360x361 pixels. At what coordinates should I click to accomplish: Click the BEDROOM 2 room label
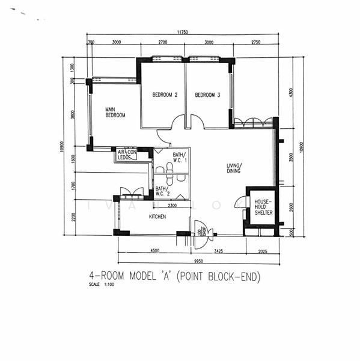click(164, 94)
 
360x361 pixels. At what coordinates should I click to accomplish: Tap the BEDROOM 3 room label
click(208, 94)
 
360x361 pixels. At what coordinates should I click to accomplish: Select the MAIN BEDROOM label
click(115, 111)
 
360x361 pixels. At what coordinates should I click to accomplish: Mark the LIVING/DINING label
click(234, 168)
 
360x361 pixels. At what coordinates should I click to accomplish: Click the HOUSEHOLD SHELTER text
click(263, 207)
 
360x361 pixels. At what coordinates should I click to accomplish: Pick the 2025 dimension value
click(263, 250)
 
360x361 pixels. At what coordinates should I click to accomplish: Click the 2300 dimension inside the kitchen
click(171, 206)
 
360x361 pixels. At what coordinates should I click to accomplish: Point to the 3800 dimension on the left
click(73, 116)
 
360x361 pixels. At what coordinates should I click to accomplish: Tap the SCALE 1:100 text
click(101, 284)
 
